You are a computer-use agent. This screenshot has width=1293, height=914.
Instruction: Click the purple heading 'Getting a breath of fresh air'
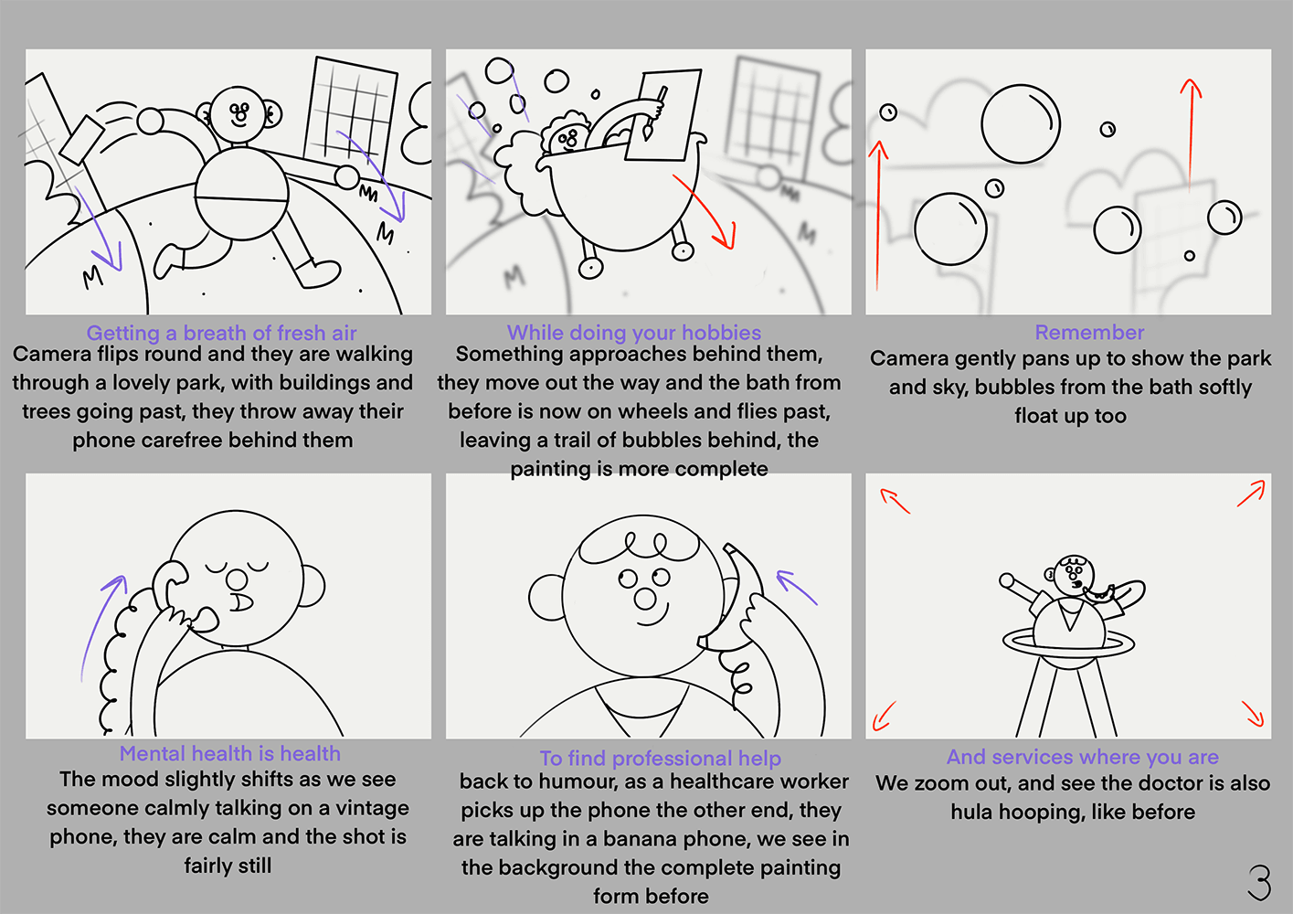222,333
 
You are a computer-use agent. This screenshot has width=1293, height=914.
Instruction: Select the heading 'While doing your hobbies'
634,333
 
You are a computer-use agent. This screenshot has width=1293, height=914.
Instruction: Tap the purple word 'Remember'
1089,332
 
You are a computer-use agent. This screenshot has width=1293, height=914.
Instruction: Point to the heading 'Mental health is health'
229,753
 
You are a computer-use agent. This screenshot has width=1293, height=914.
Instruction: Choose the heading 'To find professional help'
661,758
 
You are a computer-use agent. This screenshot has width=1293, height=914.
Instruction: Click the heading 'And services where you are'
1082,757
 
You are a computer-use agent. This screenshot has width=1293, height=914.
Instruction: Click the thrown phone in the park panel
81,139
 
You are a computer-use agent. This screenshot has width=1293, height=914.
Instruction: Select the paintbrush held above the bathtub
654,113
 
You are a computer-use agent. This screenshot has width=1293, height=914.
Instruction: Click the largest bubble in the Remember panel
1021,124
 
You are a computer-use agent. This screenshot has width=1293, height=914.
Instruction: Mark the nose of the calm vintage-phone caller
236,579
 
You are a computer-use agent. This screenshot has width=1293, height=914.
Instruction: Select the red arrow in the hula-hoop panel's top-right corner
1250,494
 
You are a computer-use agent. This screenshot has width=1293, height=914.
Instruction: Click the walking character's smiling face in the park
238,114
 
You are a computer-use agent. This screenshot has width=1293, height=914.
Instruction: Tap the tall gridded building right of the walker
351,113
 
